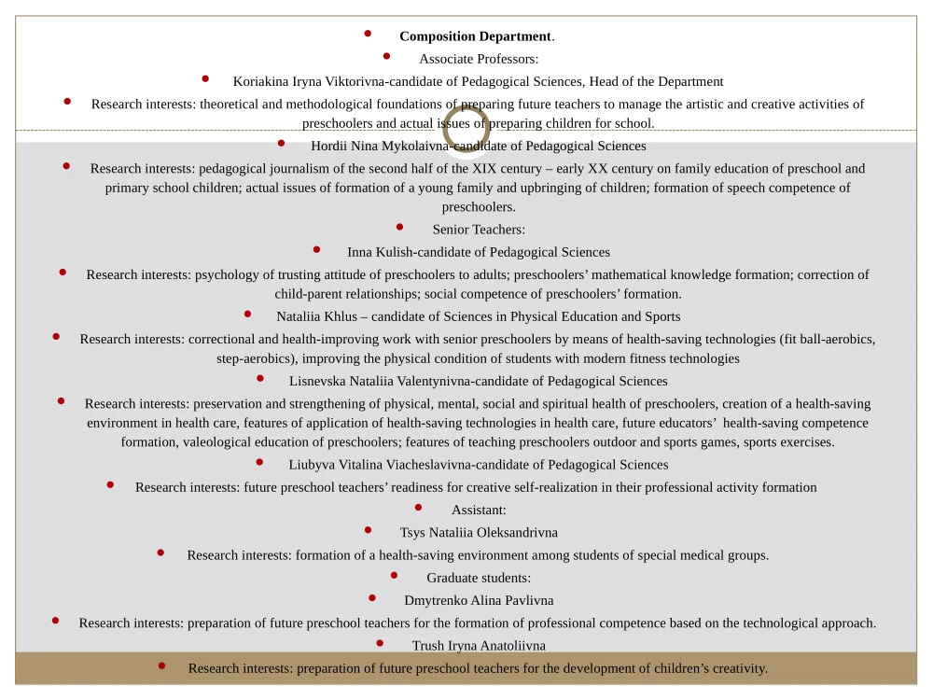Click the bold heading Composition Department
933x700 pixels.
[x=476, y=36]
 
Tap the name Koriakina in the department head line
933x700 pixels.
[x=262, y=81]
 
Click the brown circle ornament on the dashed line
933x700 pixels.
[x=466, y=128]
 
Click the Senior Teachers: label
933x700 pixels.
[x=479, y=230]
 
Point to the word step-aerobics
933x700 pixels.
[x=250, y=358]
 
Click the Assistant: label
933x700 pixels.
[x=479, y=510]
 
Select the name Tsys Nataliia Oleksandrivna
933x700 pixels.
[x=479, y=532]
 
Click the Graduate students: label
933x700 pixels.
[x=479, y=578]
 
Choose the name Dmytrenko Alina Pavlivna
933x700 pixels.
[x=479, y=600]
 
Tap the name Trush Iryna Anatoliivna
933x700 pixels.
[x=479, y=645]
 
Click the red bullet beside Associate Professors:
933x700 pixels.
[x=387, y=56]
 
